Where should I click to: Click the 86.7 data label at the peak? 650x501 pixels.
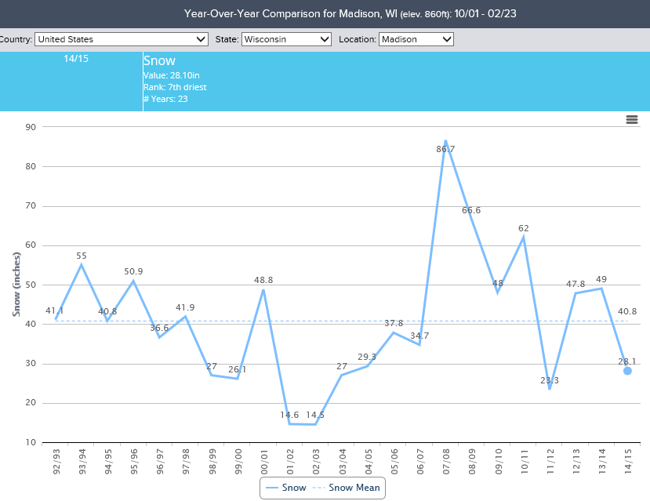coord(445,148)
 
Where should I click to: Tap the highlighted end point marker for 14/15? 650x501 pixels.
coord(627,371)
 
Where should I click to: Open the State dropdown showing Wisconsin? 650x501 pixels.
coord(286,39)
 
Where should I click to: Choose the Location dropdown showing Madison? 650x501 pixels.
coord(416,39)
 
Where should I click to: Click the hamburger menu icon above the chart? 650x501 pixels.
coord(632,119)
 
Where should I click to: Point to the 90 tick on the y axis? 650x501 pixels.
coord(31,127)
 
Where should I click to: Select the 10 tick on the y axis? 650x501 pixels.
coord(31,442)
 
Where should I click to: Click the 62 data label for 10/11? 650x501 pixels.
coord(524,228)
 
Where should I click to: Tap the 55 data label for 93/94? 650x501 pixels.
coord(82,256)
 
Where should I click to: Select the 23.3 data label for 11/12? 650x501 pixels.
coord(550,380)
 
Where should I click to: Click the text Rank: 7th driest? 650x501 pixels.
coord(175,87)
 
